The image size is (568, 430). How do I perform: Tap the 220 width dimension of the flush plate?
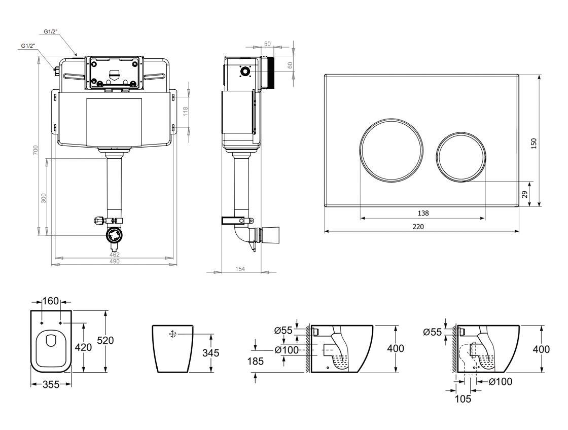[418, 227]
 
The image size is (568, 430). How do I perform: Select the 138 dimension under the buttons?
[423, 213]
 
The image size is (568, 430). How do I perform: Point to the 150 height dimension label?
[534, 144]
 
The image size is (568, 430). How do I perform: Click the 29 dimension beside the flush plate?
[525, 194]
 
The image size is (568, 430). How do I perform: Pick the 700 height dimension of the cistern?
[35, 150]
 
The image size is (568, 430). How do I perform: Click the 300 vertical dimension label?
[44, 198]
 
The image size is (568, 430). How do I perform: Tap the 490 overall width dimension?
[114, 262]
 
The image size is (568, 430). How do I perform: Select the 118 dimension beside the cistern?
[186, 112]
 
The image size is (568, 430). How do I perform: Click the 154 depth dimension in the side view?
[240, 269]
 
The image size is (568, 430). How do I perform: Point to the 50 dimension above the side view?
[267, 44]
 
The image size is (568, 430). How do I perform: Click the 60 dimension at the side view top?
[290, 65]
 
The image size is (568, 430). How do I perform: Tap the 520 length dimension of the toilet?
[105, 341]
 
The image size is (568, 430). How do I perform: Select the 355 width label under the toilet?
[51, 384]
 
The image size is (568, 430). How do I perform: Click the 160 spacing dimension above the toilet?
[51, 301]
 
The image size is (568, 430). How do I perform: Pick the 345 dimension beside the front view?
[211, 352]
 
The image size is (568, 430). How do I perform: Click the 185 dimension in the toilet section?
[256, 361]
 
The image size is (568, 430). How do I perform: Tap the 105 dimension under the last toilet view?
[463, 399]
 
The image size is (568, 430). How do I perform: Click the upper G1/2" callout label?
[51, 31]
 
